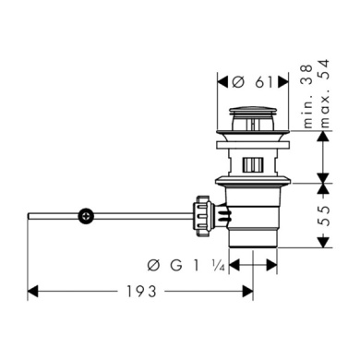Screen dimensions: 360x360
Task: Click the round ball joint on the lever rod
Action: click(x=86, y=216)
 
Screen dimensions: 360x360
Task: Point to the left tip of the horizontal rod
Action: click(x=30, y=216)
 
